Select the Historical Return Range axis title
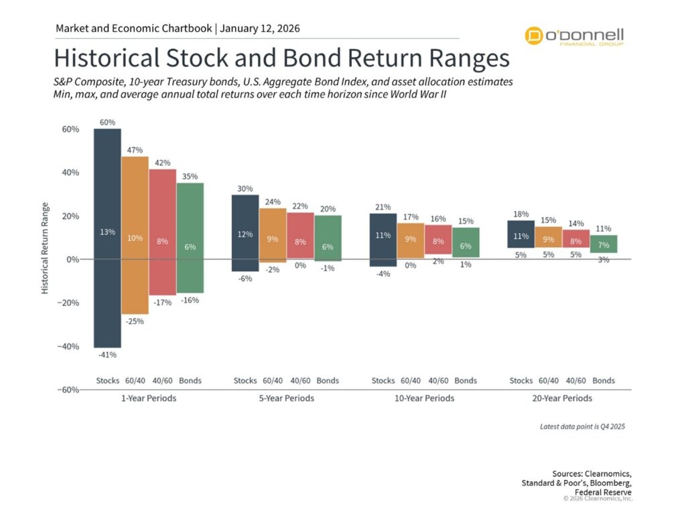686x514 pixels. (x=45, y=248)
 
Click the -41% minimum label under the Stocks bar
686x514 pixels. (x=107, y=355)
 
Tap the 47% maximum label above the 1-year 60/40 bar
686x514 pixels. (x=135, y=150)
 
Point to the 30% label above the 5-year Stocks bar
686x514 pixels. (x=245, y=189)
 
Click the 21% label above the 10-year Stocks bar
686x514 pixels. (x=383, y=207)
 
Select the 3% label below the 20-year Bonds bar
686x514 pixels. (x=604, y=260)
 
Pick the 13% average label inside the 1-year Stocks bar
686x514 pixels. (x=108, y=232)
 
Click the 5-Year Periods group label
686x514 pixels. (x=286, y=398)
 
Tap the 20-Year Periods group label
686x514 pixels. (x=562, y=398)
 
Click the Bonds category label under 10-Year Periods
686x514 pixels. (x=466, y=381)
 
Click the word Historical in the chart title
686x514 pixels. (x=110, y=58)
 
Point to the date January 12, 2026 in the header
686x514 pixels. (x=260, y=29)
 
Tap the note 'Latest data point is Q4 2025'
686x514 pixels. (x=582, y=426)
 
